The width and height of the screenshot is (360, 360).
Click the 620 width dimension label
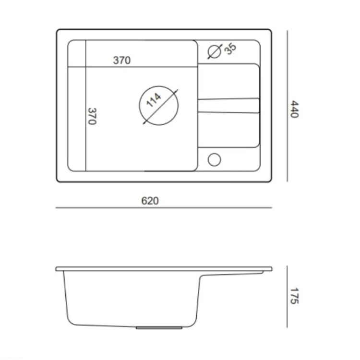click(x=150, y=201)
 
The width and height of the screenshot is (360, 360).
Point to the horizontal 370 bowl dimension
click(x=122, y=60)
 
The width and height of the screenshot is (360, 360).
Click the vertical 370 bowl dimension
click(x=92, y=116)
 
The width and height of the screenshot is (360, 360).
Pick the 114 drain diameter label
click(x=154, y=100)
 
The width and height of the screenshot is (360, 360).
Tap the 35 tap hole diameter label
click(x=230, y=49)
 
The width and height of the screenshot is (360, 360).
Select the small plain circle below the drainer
click(x=215, y=159)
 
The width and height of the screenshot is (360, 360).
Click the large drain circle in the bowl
click(x=139, y=106)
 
